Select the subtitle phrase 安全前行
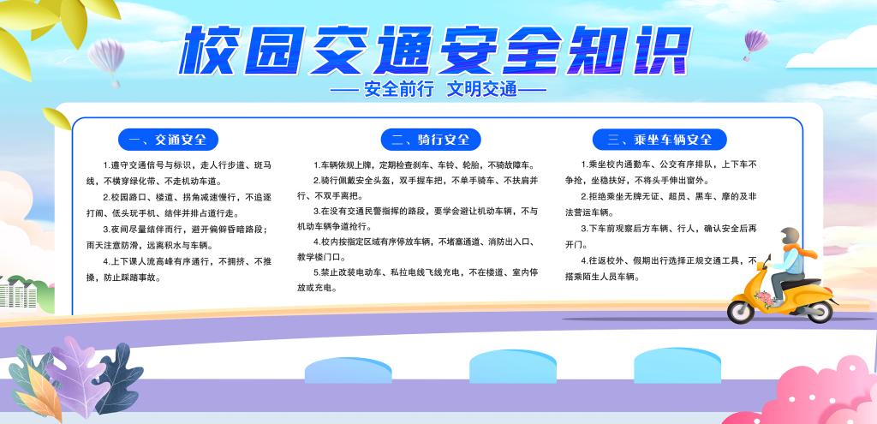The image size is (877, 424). click(x=399, y=89)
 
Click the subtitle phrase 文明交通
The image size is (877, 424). click(x=481, y=89)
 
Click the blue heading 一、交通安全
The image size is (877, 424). click(x=168, y=140)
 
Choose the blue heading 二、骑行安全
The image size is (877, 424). click(x=431, y=140)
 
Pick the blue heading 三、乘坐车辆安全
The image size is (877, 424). click(x=659, y=140)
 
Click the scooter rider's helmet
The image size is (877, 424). click(x=790, y=236)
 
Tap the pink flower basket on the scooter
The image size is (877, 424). click(x=764, y=297)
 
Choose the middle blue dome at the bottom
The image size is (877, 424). click(x=512, y=367)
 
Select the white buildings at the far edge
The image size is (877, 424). click(x=20, y=294)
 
